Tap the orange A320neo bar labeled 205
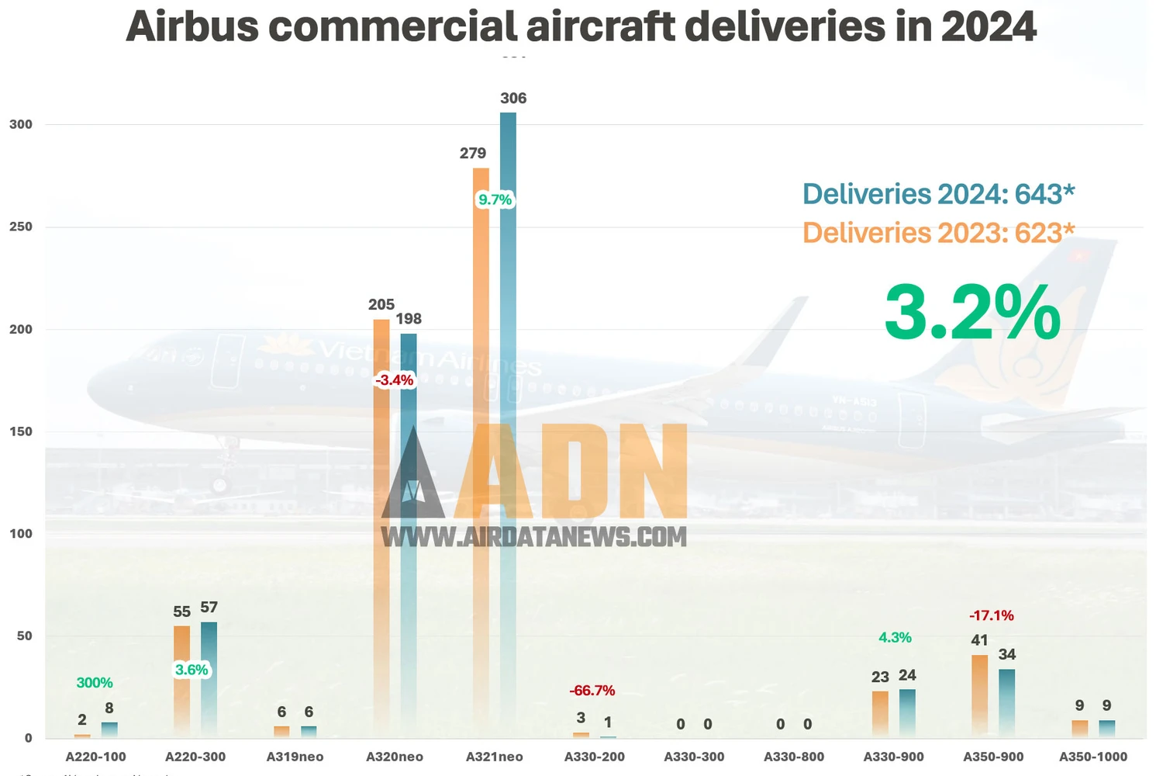pos(381,528)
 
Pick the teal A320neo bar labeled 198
pos(409,535)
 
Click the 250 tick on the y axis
pos(21,227)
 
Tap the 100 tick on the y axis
pos(21,534)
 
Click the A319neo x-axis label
pos(295,757)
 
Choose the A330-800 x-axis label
pos(794,757)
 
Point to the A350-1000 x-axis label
pos(1093,757)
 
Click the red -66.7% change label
pos(592,691)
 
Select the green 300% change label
pos(95,683)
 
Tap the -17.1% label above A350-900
pos(992,615)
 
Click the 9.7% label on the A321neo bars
pos(495,199)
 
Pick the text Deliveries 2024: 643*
pos(938,194)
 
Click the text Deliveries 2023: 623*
pos(938,233)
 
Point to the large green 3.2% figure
pos(972,312)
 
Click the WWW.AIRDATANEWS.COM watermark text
pos(533,537)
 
